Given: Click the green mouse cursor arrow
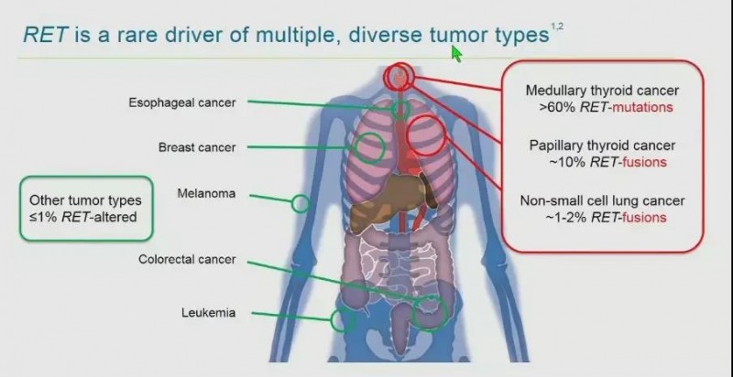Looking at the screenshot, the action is pos(456,54).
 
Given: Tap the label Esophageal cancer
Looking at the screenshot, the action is pos(182,102).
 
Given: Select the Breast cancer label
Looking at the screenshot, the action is pos(197,147).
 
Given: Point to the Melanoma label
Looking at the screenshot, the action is pos(206,193).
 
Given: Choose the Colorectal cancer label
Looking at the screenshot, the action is pos(187,260).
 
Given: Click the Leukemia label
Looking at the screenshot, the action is pos(209,313).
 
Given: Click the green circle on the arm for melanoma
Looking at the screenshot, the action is pos(301,204).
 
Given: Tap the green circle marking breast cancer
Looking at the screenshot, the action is pos(369,147).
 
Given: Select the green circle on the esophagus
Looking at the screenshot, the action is pos(400,109).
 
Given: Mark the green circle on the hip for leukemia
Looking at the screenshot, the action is pos(343,320).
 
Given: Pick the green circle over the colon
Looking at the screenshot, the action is pos(430,313).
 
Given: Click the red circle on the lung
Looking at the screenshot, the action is pos(426,135).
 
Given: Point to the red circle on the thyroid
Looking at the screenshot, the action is pos(399,76).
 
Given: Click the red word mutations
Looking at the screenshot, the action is pos(642,108).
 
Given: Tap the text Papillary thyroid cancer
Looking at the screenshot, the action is pos(602,145).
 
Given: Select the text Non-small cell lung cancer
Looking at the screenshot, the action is pos(602,200).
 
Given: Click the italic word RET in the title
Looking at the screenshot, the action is pos(46,36).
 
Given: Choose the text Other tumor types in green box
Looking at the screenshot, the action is pos(85,200).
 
